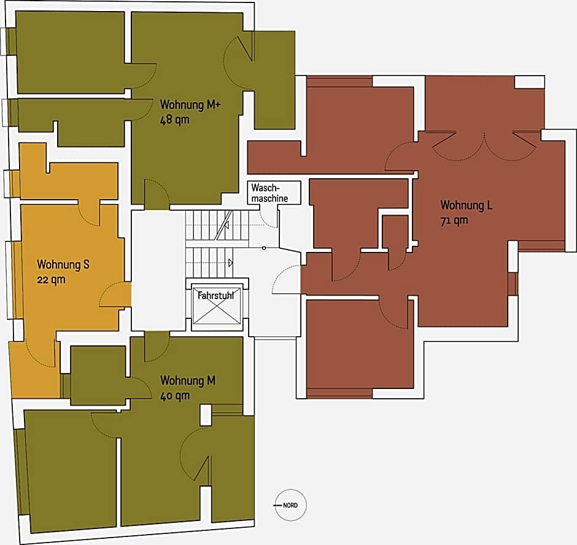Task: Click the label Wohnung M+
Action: [190, 104]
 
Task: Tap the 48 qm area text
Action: [175, 120]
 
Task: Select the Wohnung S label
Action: [63, 264]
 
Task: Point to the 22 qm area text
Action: [51, 280]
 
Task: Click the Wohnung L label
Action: [467, 205]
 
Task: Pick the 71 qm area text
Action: [454, 221]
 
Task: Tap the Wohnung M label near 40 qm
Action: [188, 380]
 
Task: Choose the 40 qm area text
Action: [175, 396]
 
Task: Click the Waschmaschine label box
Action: [274, 192]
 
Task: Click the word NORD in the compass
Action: [290, 505]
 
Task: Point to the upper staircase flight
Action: [217, 225]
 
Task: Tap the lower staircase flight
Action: [209, 262]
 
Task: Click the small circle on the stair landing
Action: [264, 248]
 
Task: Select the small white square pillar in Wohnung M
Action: [206, 415]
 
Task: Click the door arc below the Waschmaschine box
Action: [269, 220]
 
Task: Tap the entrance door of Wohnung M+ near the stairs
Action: [157, 194]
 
